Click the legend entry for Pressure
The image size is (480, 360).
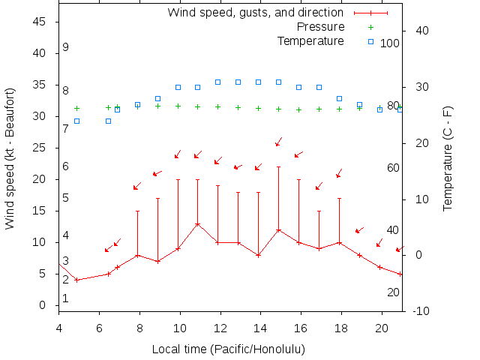click(321, 27)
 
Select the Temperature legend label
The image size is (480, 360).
click(310, 40)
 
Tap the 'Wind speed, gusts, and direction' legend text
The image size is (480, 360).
click(255, 13)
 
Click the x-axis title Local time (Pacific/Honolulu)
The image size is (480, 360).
click(228, 349)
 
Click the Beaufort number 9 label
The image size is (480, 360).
click(66, 47)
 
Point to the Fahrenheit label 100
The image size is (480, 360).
click(390, 43)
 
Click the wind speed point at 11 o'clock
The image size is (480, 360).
click(198, 223)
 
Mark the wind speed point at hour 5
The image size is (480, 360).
click(76, 280)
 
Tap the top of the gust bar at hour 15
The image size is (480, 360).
click(278, 167)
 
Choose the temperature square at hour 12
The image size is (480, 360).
click(218, 82)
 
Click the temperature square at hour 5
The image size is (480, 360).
click(76, 121)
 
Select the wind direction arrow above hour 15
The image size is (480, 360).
click(278, 141)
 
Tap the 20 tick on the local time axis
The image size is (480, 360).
click(381, 327)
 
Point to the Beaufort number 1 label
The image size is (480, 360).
click(66, 298)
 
